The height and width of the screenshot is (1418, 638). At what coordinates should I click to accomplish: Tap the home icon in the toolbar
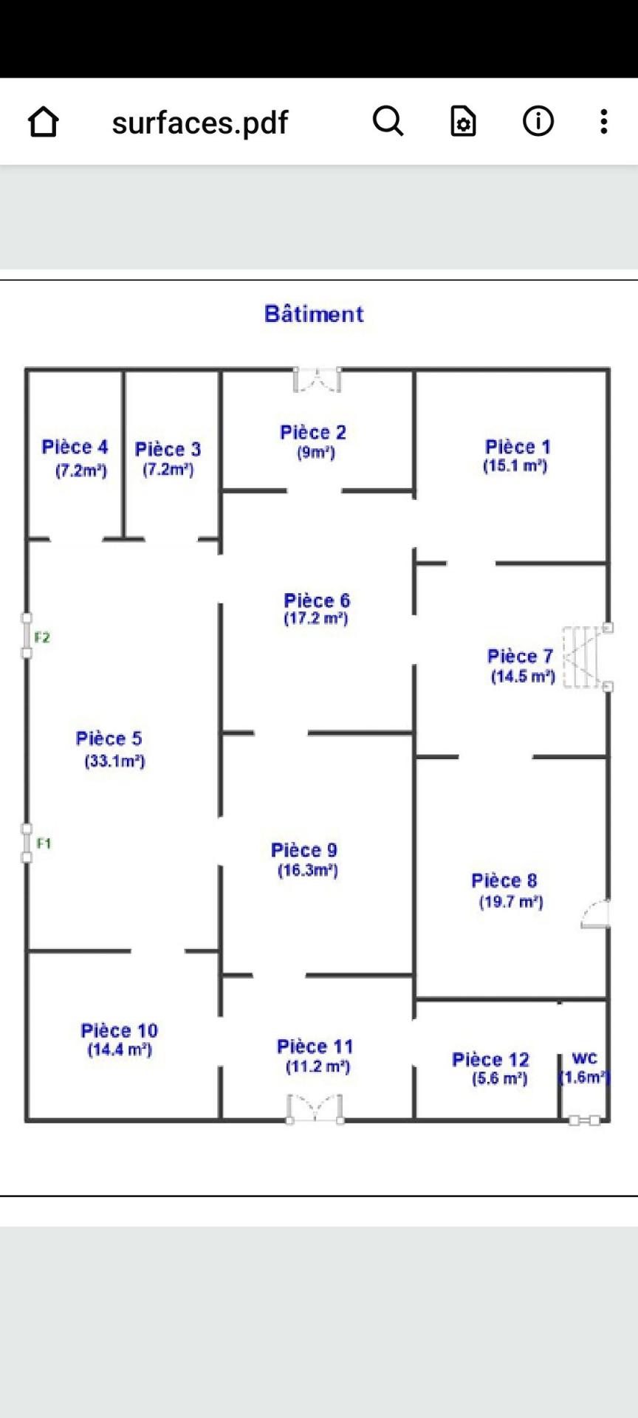coord(43,122)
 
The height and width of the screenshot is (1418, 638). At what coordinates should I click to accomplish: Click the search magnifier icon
coord(388,121)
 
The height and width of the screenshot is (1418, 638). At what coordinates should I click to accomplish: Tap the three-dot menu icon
coord(604,121)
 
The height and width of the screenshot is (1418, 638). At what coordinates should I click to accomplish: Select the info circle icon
coord(538,121)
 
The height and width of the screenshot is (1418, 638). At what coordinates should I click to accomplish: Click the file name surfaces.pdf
coord(199,123)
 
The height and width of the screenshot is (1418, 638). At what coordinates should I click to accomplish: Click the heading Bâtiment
coord(314,314)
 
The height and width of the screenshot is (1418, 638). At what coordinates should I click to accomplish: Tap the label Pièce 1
coord(518,447)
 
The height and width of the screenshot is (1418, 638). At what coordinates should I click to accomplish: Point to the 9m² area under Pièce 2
coord(316,453)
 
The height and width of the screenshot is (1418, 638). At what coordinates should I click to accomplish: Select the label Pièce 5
coord(109,739)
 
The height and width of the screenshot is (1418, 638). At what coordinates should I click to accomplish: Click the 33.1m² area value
coord(114,761)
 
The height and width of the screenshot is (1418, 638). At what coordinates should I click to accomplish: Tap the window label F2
coord(42,637)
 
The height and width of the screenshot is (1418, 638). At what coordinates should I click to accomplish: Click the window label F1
coord(44,843)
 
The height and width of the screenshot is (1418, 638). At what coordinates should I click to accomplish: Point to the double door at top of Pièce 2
coord(318,379)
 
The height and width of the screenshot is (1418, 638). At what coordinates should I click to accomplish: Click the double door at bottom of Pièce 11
coord(315,1108)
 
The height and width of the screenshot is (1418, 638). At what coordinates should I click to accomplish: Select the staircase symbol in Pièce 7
coord(583,657)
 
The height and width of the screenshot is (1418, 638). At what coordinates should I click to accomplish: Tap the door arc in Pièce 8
coord(595,914)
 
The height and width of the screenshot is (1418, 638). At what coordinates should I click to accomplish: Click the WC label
coord(584,1059)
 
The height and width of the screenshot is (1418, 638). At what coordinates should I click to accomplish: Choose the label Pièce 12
coord(490,1060)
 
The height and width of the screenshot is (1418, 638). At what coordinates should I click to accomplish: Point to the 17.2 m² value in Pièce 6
coord(316,619)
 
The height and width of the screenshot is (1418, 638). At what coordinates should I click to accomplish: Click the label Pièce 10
coord(119,1030)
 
